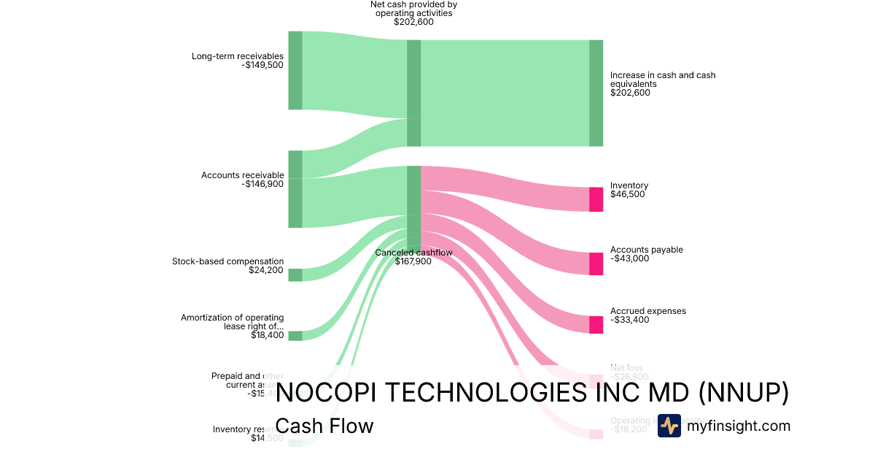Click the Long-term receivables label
click(x=237, y=56)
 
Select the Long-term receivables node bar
click(x=295, y=70)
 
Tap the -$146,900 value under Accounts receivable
click(x=262, y=184)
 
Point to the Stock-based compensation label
click(x=227, y=261)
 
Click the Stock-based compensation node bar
click(x=295, y=275)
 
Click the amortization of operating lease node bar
click(x=295, y=336)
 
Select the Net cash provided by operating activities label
click(x=413, y=9)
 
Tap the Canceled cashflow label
click(x=413, y=253)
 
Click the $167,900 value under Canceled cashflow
click(x=413, y=261)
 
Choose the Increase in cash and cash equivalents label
click(x=662, y=79)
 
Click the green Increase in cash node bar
click(x=596, y=93)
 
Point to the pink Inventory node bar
click(x=596, y=199)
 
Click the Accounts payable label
click(x=646, y=250)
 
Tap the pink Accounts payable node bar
click(x=596, y=264)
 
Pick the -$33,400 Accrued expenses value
click(x=629, y=320)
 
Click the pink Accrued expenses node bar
click(x=596, y=325)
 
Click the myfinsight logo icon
click(x=669, y=426)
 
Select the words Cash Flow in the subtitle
click(x=324, y=426)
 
